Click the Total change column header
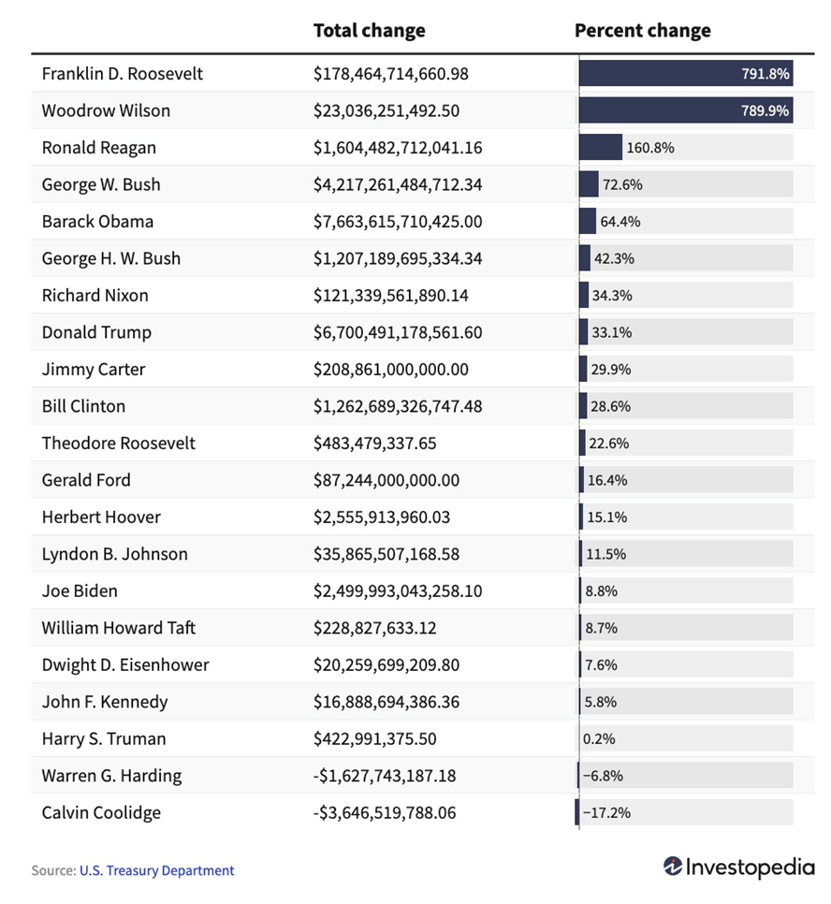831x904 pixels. point(369,31)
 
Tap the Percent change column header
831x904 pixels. point(642,31)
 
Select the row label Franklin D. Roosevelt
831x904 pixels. point(122,73)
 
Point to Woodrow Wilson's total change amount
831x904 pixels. point(386,110)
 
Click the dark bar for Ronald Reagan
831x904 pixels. point(600,147)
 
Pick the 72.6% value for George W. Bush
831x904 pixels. point(622,184)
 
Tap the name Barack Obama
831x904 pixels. point(97,222)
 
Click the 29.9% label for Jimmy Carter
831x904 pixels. point(610,370)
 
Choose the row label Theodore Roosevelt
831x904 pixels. point(118,443)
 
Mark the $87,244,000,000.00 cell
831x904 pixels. point(386,480)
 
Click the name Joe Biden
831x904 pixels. point(80,591)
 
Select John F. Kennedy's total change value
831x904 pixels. point(386,702)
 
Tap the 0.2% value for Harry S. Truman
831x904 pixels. point(599,739)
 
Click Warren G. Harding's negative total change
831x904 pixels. point(384,776)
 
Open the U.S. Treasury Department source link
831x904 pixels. point(156,870)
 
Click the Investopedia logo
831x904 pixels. point(739,868)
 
